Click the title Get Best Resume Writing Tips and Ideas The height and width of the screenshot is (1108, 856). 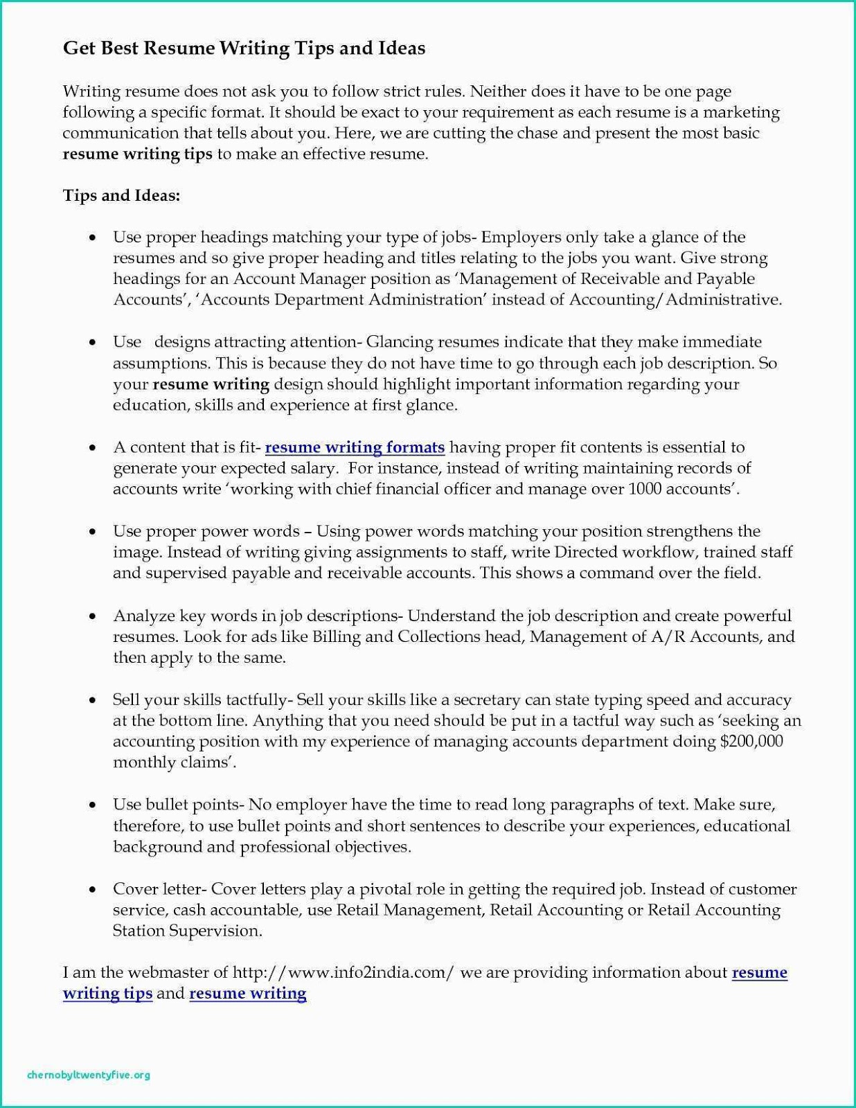tap(244, 48)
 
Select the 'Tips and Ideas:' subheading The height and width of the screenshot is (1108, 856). tap(121, 195)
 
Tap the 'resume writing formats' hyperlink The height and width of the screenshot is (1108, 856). tap(355, 447)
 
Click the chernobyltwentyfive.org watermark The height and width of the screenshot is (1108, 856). tap(89, 1075)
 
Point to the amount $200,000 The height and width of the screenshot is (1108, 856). tap(751, 742)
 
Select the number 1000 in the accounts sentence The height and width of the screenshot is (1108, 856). tap(645, 489)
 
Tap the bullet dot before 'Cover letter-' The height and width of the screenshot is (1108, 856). tap(92, 889)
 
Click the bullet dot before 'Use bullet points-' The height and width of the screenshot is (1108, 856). tap(92, 805)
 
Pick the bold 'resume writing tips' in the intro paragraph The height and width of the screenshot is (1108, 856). tap(137, 154)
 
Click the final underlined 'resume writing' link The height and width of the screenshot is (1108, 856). tap(247, 994)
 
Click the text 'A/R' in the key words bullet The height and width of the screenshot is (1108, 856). tap(668, 636)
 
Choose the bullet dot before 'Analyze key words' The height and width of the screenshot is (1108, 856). tap(92, 616)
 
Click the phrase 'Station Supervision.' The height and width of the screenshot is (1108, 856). tap(187, 931)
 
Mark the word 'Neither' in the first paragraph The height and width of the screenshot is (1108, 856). tap(499, 91)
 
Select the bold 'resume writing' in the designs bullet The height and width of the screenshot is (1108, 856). tap(211, 384)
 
